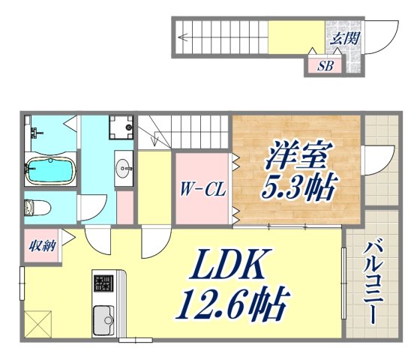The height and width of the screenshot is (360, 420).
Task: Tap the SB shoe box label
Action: click(325, 66)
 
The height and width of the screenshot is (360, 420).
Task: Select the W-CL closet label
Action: click(202, 189)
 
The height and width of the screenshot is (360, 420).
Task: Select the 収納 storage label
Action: click(40, 247)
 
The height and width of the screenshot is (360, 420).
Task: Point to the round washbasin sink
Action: click(124, 166)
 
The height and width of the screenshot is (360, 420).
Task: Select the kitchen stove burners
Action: click(103, 284)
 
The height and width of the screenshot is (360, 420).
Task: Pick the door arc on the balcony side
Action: click(378, 159)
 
